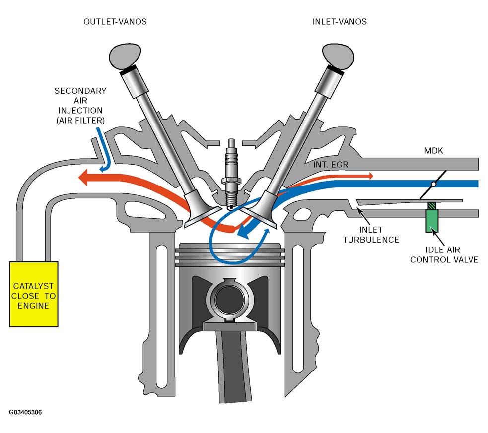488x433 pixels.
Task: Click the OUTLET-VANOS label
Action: tap(115, 22)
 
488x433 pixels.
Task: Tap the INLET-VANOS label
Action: tap(340, 22)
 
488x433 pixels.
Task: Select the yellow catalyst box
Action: tap(34, 294)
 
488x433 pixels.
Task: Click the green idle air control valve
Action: tap(432, 219)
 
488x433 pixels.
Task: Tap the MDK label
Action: tap(433, 151)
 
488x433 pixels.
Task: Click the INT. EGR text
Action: tap(331, 165)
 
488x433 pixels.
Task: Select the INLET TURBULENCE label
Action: tap(371, 235)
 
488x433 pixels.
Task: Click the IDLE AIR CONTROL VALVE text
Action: tap(444, 254)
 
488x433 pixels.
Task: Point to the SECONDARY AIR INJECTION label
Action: tap(80, 105)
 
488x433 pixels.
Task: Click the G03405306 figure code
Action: tap(25, 412)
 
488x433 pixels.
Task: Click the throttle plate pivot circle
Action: tap(433, 184)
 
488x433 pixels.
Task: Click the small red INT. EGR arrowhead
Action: tap(371, 176)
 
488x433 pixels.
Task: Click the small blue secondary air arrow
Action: tap(105, 149)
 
